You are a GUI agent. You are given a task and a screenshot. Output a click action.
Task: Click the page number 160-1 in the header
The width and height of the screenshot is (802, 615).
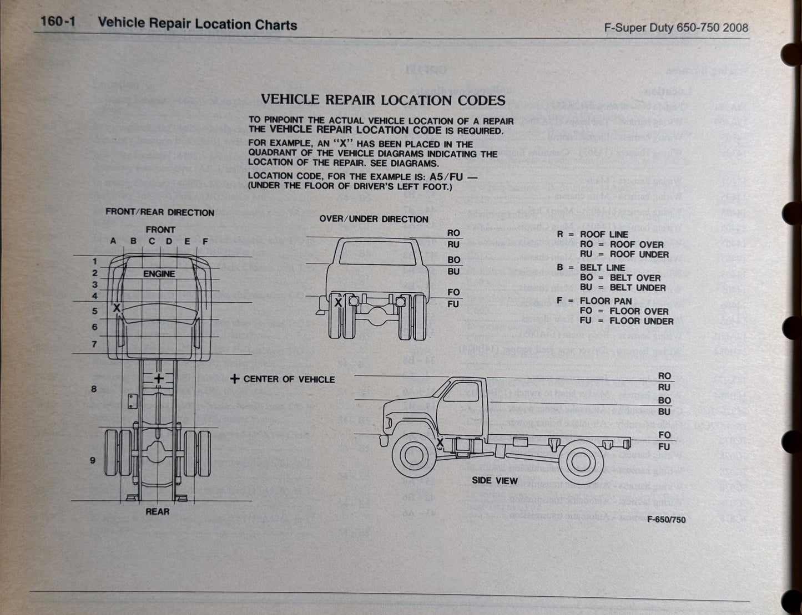coord(58,24)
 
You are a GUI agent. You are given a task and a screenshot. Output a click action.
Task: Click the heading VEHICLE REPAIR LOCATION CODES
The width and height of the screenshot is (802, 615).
coord(382,100)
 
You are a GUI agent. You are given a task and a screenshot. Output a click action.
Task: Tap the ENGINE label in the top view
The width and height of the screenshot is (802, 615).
coord(159,274)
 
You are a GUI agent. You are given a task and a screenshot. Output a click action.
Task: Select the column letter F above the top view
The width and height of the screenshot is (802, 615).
coord(205,241)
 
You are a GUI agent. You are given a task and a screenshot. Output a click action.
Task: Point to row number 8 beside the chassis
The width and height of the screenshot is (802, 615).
coord(94,389)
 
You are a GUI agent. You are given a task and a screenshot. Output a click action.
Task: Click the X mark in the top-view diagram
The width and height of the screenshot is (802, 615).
coord(117,308)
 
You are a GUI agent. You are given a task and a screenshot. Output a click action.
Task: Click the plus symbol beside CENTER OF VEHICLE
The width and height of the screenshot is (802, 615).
coord(235,379)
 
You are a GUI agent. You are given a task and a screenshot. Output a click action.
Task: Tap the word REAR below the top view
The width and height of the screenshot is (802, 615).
coord(157,511)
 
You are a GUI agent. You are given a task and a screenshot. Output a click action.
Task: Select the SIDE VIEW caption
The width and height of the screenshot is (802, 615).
coord(495,481)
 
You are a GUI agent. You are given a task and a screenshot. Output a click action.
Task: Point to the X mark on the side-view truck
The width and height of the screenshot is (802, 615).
coord(440,443)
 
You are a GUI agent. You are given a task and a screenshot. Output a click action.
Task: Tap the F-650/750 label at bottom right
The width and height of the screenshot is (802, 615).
coord(666,520)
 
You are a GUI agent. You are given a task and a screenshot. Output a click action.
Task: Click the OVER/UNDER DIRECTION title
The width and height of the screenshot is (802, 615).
coord(374,219)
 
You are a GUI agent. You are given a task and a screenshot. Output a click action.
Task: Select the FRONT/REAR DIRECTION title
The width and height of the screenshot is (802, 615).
coord(160,212)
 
